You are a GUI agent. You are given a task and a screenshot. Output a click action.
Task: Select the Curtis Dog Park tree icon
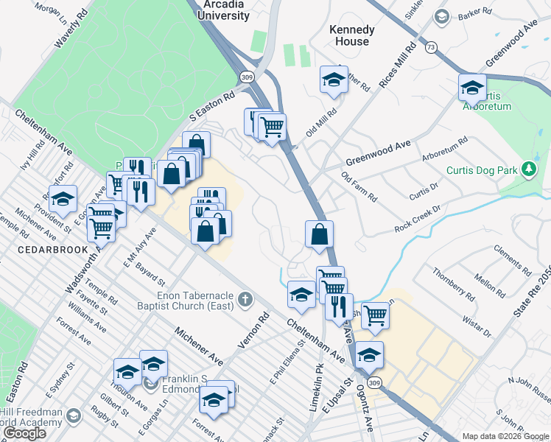pos(528,170)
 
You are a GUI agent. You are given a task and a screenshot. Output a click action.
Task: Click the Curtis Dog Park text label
pos(483,170)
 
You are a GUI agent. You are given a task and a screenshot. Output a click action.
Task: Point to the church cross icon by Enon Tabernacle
pos(245,300)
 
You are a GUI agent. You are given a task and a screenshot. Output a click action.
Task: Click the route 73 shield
pos(431,46)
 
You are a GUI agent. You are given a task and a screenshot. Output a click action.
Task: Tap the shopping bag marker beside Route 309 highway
pos(320,236)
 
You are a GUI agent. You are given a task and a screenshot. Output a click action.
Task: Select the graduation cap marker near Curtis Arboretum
pos(471,88)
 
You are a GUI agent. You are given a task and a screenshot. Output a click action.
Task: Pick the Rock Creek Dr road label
pos(417,218)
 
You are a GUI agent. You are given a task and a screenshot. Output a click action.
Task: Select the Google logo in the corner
pos(25,433)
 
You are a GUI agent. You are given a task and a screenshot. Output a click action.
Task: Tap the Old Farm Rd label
pos(359,187)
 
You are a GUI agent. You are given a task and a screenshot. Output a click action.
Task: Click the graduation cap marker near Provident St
pos(63,198)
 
